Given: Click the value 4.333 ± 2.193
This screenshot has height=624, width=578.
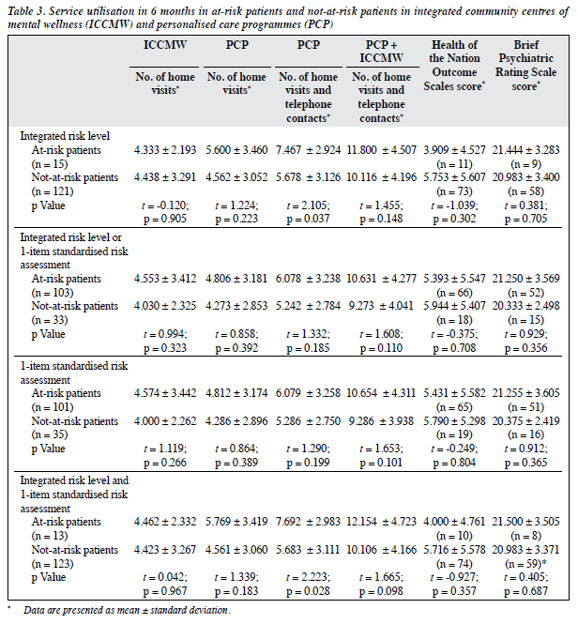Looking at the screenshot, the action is tap(165, 150).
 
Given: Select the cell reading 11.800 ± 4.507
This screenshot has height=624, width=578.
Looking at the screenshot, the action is tap(381, 150).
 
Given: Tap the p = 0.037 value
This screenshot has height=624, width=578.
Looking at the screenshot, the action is tap(308, 219).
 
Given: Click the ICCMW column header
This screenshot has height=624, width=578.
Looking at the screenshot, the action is tap(165, 45).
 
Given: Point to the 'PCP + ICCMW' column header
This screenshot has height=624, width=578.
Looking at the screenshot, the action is tap(381, 52).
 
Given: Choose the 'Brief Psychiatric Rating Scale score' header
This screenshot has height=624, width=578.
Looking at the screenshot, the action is tap(525, 66).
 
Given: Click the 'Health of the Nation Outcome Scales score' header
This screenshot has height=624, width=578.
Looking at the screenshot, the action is tap(454, 66).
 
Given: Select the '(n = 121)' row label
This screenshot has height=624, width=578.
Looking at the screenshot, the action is tap(53, 191).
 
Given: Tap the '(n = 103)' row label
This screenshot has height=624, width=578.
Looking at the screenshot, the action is tap(53, 293).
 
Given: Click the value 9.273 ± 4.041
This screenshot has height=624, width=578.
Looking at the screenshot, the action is tap(381, 306).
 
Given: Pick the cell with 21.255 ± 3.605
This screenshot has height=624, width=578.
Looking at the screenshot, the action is tap(525, 393).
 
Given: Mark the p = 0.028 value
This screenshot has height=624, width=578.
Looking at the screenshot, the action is tap(308, 591).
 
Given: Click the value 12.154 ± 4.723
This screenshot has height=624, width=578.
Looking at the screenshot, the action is tap(381, 522).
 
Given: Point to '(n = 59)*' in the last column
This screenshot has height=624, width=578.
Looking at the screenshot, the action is tap(525, 564).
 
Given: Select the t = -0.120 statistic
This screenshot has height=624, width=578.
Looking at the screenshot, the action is tap(165, 205).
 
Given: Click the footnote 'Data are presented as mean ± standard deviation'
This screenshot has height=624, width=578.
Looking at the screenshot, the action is tap(127, 610).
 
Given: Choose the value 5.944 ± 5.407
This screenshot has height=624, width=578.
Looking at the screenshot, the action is tap(454, 306).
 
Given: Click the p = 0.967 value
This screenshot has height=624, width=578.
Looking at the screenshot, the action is tap(165, 591).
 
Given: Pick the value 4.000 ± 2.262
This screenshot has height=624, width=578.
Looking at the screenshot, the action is tap(165, 421).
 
